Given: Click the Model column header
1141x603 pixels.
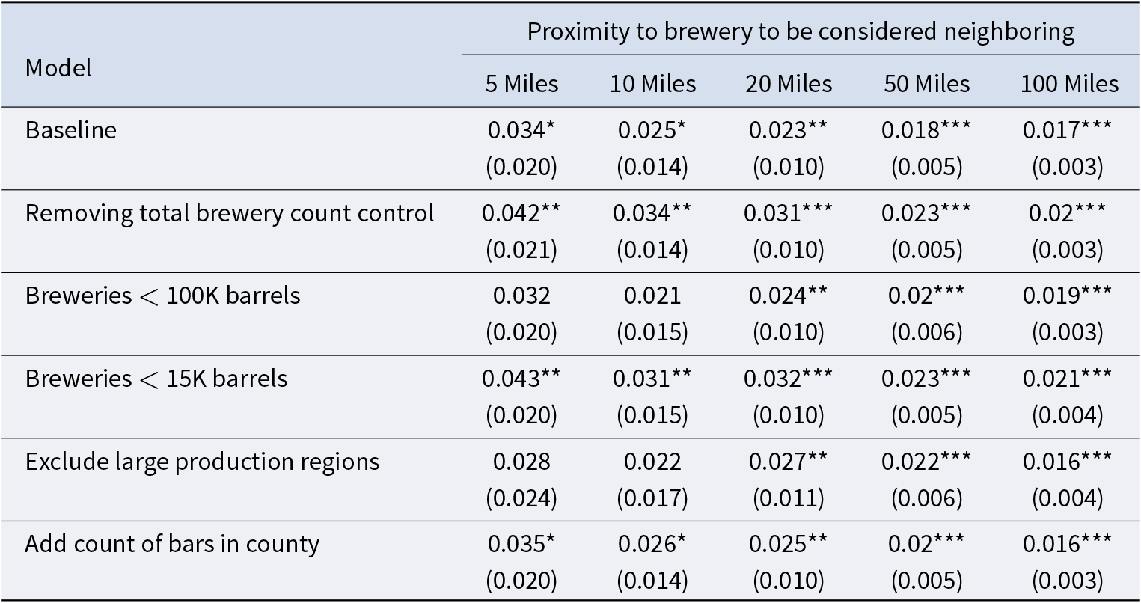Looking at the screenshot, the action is click(58, 68).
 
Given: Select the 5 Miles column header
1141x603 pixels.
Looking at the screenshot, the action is click(521, 84).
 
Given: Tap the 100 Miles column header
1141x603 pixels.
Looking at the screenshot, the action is click(1069, 84).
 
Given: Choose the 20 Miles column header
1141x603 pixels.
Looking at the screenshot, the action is click(789, 84).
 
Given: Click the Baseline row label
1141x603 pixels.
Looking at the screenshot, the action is click(71, 130).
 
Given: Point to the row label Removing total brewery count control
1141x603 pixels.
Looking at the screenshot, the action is click(230, 213).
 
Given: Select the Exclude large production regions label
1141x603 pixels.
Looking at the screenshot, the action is click(202, 462).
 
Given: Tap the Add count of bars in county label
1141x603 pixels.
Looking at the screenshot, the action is click(172, 544).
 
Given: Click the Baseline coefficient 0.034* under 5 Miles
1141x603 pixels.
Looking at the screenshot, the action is click(521, 130).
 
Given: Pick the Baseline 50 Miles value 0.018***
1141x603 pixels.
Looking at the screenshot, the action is click(926, 130).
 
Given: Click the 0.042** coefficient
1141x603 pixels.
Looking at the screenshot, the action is click(521, 213).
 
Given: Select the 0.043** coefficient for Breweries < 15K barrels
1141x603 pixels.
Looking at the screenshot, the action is click(521, 379).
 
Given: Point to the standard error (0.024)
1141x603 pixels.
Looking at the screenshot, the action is click(521, 498).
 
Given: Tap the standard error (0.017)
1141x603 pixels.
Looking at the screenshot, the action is click(652, 498).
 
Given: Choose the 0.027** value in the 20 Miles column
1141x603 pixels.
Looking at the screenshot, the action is click(788, 462).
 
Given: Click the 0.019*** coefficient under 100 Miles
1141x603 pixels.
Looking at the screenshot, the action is click(1067, 296).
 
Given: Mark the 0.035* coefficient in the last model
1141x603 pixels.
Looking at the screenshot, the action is click(521, 544).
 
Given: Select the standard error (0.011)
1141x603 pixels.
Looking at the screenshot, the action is click(788, 498).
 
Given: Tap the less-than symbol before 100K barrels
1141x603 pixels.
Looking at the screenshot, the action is click(148, 296).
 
